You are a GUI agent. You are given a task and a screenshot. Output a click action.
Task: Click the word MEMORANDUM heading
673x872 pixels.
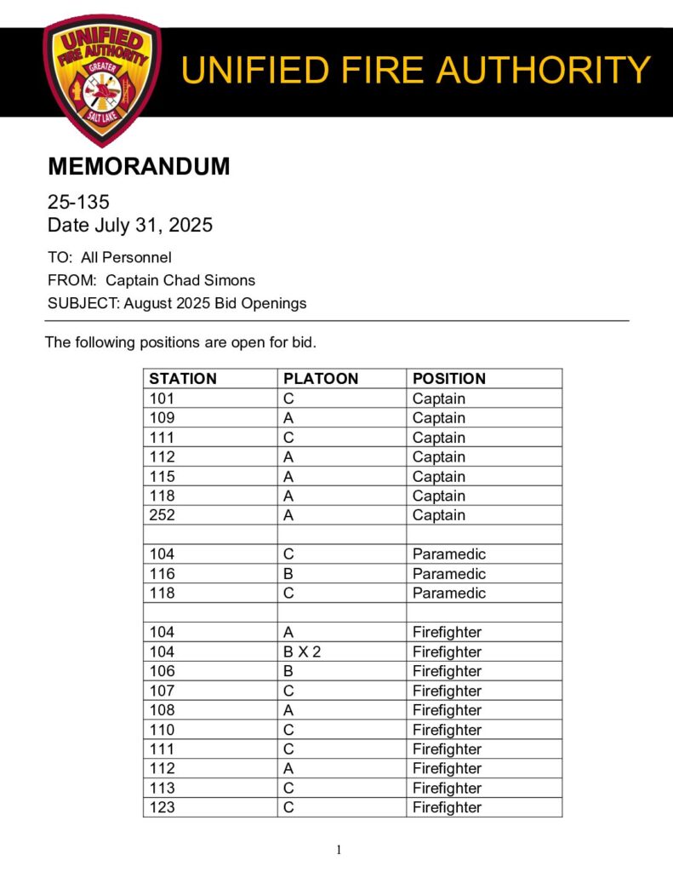click(x=139, y=167)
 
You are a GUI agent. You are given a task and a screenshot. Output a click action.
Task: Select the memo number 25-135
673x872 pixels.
click(x=78, y=203)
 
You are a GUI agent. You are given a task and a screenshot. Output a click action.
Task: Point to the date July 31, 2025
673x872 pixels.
click(x=155, y=226)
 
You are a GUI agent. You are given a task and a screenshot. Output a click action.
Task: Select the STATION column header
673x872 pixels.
click(x=183, y=379)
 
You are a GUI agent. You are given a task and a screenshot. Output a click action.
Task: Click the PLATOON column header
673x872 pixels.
click(x=321, y=379)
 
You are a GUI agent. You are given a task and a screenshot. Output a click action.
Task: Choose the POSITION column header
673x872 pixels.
click(x=449, y=379)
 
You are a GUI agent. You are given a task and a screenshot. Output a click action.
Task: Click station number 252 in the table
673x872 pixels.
click(x=162, y=515)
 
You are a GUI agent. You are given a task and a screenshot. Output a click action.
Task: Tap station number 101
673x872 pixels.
click(x=162, y=399)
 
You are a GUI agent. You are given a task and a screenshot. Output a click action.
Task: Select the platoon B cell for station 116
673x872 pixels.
click(x=288, y=574)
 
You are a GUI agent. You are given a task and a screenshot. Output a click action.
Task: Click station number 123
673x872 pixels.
click(x=162, y=807)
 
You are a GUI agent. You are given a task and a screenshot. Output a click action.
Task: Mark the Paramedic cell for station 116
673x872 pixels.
click(x=449, y=574)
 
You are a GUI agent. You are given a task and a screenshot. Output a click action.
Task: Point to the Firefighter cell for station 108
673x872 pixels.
click(x=447, y=710)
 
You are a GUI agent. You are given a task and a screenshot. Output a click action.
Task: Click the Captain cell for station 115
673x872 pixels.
click(x=439, y=477)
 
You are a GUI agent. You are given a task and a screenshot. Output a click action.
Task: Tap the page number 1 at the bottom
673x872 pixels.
click(x=339, y=849)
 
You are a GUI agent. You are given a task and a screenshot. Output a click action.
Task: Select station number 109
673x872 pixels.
click(x=162, y=418)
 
